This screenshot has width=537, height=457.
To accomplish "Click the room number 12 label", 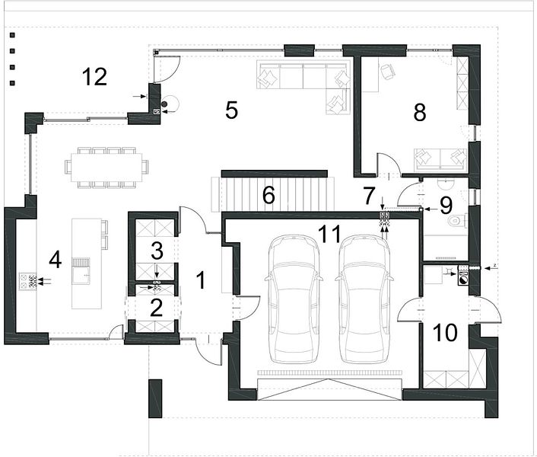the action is click(x=94, y=77).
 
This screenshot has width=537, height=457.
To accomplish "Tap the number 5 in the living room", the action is click(x=231, y=110).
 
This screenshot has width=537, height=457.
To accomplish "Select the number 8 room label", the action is click(x=420, y=113).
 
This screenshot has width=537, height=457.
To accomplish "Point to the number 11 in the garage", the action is click(x=330, y=234).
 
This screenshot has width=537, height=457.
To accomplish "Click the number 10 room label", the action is click(x=445, y=333).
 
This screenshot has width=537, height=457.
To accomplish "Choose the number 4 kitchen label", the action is click(x=55, y=260).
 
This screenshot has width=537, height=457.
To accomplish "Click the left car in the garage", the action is click(x=294, y=299).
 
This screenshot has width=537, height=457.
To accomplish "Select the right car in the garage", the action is click(x=364, y=299).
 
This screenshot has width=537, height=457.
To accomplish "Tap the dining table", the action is click(x=106, y=168).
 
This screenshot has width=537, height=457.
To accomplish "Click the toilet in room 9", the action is click(x=456, y=220).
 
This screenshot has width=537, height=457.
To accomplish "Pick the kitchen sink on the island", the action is click(x=81, y=271).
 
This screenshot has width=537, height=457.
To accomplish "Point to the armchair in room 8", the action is click(x=387, y=72).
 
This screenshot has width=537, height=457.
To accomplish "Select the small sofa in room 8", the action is click(x=440, y=160).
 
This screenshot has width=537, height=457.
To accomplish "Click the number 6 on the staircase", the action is click(x=268, y=196).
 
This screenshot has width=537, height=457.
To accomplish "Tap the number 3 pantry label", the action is click(x=157, y=251).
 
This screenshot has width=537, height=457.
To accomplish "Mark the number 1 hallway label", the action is click(x=202, y=280).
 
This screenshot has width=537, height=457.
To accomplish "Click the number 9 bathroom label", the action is click(x=446, y=206).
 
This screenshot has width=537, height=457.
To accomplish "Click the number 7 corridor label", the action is click(x=369, y=196).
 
